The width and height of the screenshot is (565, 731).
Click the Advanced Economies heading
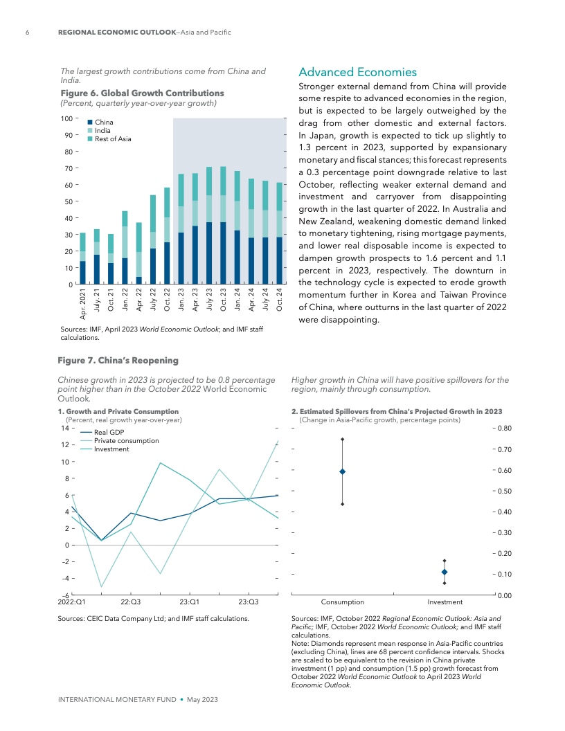coord(357,72)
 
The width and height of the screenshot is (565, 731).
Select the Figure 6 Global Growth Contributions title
coord(143,93)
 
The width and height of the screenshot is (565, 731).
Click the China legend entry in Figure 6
coord(104,123)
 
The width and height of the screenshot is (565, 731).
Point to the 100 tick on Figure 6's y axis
coord(69,119)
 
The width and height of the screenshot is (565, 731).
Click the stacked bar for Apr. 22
coord(139,253)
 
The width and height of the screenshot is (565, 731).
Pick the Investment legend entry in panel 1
coord(111,449)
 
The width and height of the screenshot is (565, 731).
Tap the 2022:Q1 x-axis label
coord(72,602)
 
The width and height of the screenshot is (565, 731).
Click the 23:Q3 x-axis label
coord(248,602)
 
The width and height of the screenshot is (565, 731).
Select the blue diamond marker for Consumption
coord(343,471)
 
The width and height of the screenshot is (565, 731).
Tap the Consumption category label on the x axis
coord(343,602)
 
